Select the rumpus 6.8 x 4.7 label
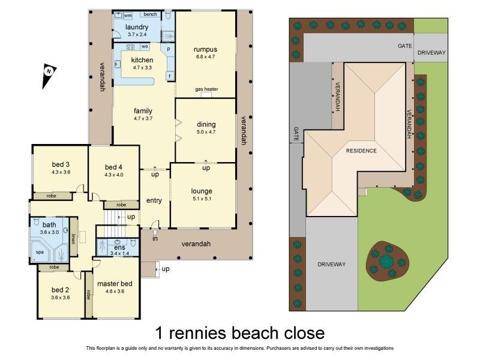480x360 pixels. (205, 49)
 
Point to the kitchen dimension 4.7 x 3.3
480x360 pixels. (142, 68)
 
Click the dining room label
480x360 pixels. (206, 124)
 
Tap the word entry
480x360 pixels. (154, 200)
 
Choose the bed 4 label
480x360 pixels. (113, 167)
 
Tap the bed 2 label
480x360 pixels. (61, 290)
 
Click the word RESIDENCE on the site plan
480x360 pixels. (361, 151)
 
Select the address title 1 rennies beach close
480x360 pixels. (240, 332)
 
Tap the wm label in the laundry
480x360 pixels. (128, 16)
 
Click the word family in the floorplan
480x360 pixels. (143, 110)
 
